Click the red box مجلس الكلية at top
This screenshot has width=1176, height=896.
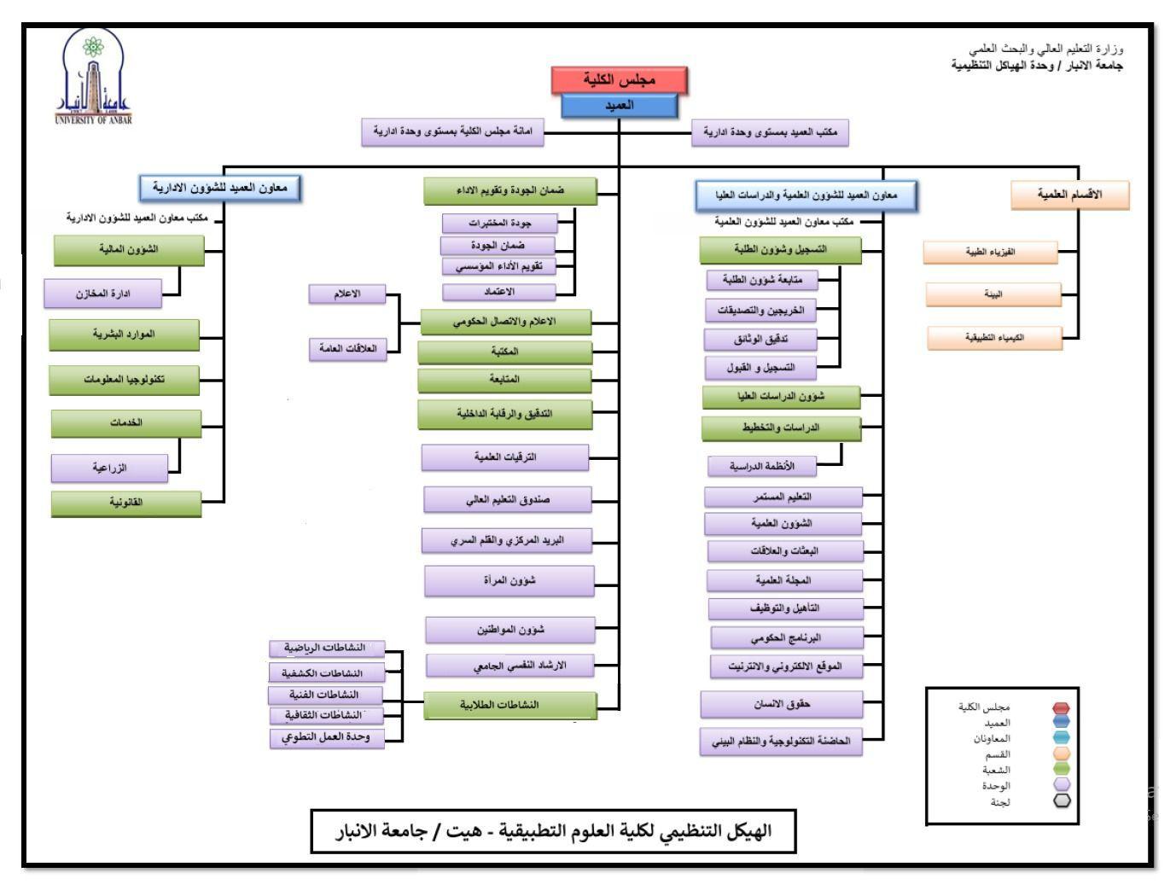point(620,79)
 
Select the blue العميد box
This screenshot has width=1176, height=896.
point(620,106)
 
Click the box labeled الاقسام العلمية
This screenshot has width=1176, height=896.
point(1069,195)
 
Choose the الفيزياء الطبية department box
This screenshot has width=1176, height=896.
point(990,253)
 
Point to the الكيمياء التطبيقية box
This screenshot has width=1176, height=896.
point(994,338)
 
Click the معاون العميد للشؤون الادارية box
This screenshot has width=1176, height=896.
point(220,188)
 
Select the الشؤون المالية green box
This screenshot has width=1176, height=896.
point(129,250)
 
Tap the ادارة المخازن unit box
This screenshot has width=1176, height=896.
point(102,294)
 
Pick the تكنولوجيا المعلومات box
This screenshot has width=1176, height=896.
point(125,380)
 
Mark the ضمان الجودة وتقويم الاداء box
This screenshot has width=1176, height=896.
point(509,191)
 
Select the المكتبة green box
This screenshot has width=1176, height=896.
point(504,352)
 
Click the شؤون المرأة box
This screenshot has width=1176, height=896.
point(509,581)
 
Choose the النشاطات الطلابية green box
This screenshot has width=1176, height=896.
point(509,705)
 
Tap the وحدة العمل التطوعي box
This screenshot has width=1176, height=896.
point(327,737)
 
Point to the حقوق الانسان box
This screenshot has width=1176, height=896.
point(781,705)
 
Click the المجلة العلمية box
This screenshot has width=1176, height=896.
point(783,580)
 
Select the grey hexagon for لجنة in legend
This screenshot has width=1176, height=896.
point(1062,801)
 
